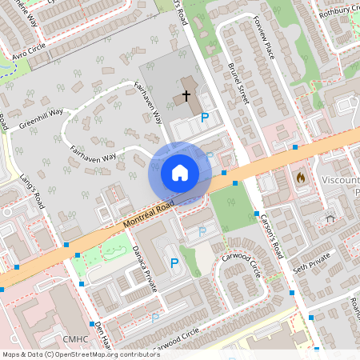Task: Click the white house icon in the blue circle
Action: coord(180,173)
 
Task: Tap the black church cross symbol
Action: coord(186,96)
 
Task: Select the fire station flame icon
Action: coord(301,178)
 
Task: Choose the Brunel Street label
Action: coord(238,85)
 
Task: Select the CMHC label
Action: coord(74,339)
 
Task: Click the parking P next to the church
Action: coord(205,118)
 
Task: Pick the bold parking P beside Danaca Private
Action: coord(174,262)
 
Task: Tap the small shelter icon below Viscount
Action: coord(330,218)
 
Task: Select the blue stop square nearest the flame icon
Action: coord(295,147)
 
